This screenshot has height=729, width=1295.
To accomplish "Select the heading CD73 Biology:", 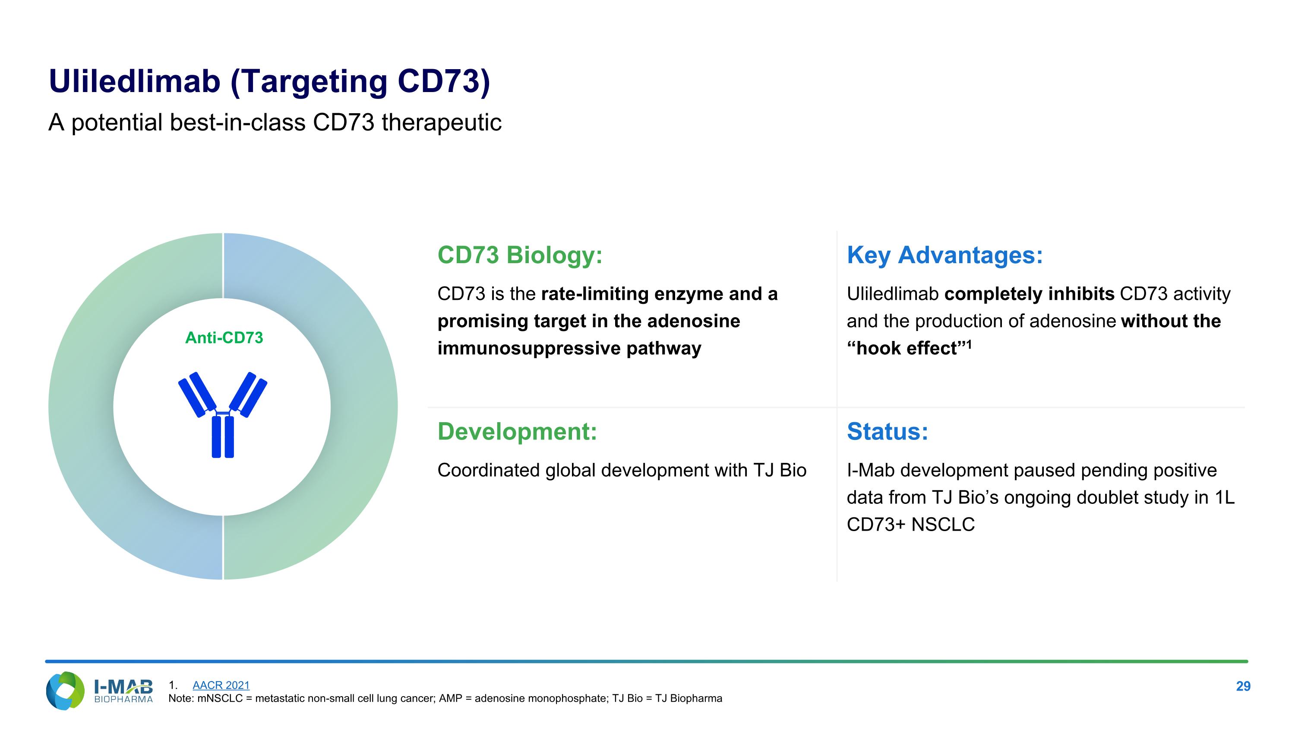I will tap(519, 255).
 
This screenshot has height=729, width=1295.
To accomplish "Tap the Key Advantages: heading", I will tap(944, 255).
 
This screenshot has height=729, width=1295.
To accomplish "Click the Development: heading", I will tap(517, 431).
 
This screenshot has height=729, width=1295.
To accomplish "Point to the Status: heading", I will tap(888, 431).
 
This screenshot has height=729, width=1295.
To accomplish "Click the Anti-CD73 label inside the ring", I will tap(224, 337).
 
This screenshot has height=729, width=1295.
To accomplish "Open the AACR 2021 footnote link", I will tap(221, 685).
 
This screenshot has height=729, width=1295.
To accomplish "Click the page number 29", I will tap(1243, 686).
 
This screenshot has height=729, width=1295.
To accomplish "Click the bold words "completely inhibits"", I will tap(1029, 294).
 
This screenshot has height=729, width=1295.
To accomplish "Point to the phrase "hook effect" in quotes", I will tap(907, 348).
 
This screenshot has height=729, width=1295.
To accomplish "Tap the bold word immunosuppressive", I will tap(529, 348).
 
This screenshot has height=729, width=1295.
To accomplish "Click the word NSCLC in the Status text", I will tap(943, 524).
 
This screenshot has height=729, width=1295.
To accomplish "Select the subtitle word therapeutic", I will tap(442, 123).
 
